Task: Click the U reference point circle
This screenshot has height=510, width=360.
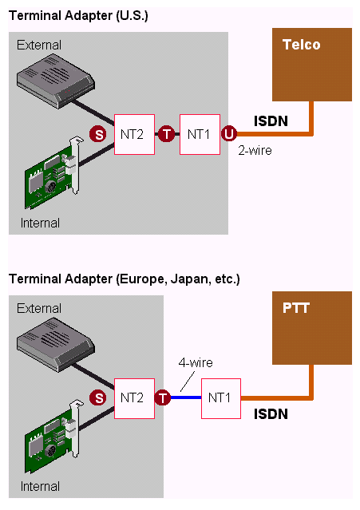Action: (x=229, y=133)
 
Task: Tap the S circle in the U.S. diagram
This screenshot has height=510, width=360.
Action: (x=98, y=134)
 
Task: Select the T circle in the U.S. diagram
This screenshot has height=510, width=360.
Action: (x=167, y=134)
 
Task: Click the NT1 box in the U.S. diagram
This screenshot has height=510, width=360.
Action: (x=200, y=134)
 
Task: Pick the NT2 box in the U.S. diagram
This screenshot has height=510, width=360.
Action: (x=134, y=134)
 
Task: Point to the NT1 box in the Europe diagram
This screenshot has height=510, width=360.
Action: (x=221, y=398)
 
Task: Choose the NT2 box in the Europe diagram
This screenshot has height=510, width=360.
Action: (x=134, y=398)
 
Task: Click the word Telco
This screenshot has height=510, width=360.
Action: (x=302, y=45)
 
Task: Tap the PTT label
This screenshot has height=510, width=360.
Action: (x=296, y=308)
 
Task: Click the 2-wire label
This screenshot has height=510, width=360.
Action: (x=255, y=151)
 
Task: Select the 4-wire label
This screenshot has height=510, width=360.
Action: (x=196, y=362)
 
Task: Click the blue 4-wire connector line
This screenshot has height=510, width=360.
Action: (x=186, y=397)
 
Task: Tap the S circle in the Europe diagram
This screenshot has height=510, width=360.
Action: (x=98, y=397)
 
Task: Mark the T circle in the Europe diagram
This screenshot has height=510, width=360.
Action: (x=163, y=397)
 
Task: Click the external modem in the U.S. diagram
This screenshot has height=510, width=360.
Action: (x=56, y=81)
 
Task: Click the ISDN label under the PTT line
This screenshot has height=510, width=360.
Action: (x=271, y=414)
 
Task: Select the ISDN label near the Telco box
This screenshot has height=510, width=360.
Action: (x=271, y=121)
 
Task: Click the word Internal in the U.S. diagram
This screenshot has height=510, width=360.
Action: (x=40, y=223)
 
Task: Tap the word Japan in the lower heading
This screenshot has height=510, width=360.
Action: (x=191, y=279)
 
